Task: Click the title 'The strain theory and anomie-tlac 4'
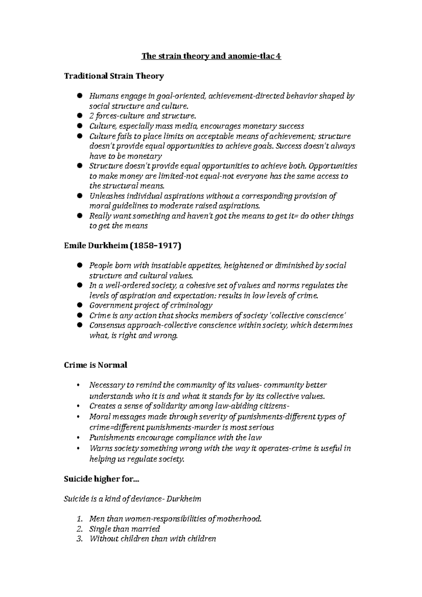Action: (x=211, y=56)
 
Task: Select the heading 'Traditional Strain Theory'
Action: (x=114, y=76)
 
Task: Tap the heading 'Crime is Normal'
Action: (x=95, y=365)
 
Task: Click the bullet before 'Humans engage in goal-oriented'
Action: (x=80, y=96)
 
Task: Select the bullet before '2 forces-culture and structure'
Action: (x=80, y=116)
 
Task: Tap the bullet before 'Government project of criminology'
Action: (x=80, y=305)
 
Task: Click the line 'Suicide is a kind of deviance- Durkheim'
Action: (x=133, y=499)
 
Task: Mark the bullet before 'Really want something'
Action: (x=80, y=216)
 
